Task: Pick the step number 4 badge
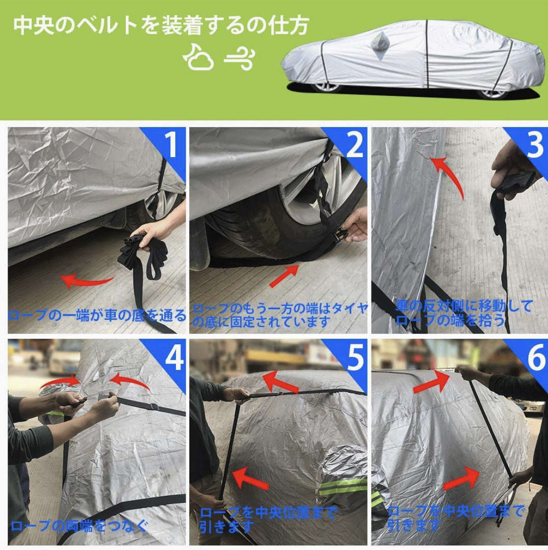coord(173,357)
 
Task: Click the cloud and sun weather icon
coord(199,57)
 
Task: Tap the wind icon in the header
coord(240,59)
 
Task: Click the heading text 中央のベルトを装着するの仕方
coord(161,26)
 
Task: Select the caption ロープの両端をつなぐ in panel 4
coord(79,526)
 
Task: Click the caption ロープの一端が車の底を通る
coord(97,315)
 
